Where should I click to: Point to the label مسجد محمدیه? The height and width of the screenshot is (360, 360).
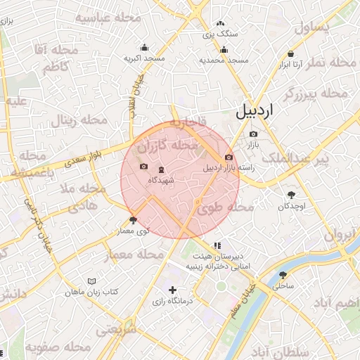tap(224, 60)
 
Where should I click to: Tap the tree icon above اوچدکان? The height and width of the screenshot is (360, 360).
tap(291, 195)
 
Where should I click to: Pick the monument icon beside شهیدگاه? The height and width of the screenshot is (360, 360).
tap(162, 169)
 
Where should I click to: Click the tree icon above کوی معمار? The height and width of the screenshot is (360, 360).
tap(134, 220)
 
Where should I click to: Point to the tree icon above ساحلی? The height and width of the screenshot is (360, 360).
tap(283, 275)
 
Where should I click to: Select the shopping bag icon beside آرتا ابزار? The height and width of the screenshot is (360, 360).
tap(290, 53)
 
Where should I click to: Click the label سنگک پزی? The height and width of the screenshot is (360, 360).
tap(221, 33)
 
